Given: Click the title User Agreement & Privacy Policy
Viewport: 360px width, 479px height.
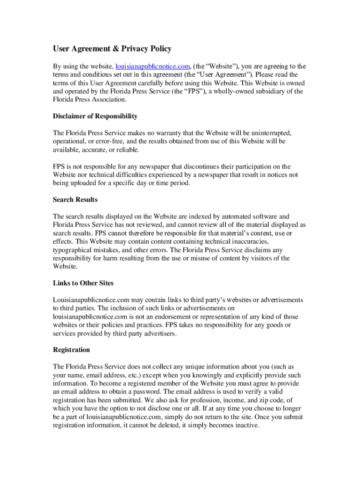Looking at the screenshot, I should coord(112,49).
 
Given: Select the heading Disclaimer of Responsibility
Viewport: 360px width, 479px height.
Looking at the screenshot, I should coord(95,116).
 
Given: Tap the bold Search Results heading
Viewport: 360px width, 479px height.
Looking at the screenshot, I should coord(75,200).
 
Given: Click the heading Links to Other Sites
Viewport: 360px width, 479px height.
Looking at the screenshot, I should coord(83,283).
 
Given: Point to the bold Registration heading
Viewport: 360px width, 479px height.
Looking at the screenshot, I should coord(72,350).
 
